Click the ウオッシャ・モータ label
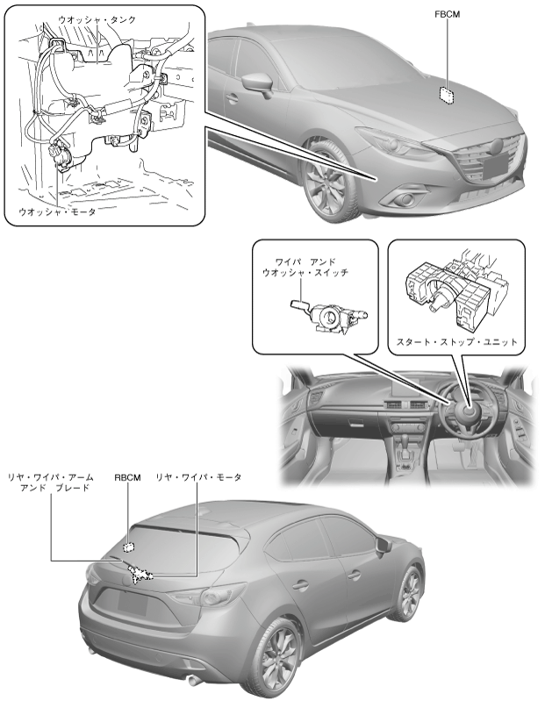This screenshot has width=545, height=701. (57, 211)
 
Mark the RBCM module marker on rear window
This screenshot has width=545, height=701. (129, 547)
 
